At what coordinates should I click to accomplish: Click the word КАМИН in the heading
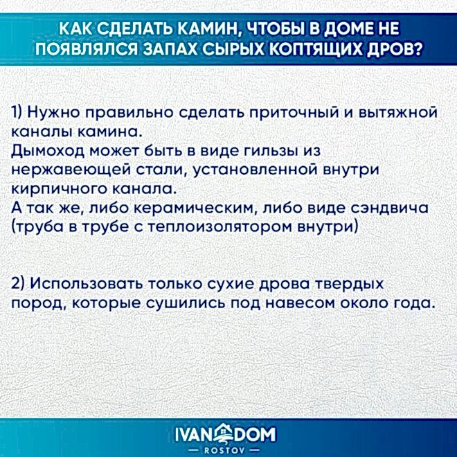click(x=199, y=28)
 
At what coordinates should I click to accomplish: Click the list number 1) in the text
click(x=19, y=113)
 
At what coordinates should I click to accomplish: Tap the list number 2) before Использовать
click(x=19, y=285)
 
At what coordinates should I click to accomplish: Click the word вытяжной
click(x=397, y=113)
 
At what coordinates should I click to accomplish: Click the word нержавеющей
click(x=62, y=170)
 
